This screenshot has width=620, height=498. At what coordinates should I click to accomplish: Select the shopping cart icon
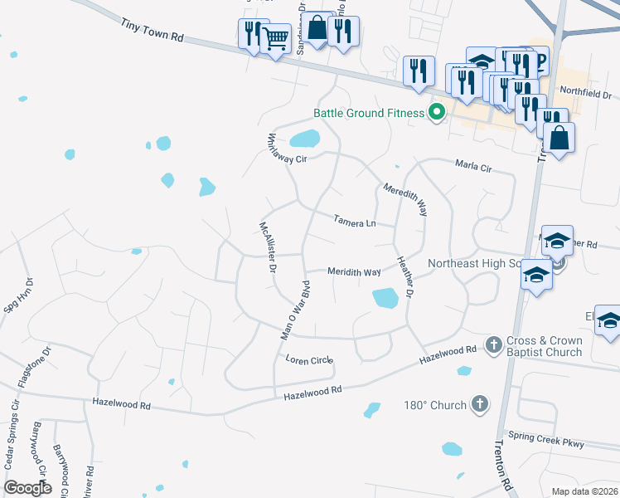275,37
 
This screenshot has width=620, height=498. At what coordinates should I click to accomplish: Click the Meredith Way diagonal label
405,201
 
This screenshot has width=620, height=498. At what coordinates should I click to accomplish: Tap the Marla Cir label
473,167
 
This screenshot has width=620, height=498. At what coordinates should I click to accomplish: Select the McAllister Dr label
267,247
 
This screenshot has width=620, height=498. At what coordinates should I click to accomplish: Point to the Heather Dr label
405,278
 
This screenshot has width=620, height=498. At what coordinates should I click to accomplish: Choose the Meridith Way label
354,271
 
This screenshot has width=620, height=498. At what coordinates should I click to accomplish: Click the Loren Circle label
308,359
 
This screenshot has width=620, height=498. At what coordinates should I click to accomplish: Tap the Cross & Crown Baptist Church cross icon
493,344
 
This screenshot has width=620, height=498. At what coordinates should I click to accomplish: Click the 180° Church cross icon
479,404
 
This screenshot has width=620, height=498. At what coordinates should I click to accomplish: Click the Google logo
28,487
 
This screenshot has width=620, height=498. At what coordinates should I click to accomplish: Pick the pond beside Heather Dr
385,297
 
